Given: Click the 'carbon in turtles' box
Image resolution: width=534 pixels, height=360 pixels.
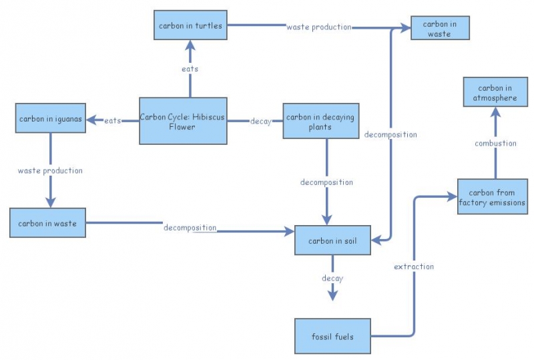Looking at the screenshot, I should coord(190,26).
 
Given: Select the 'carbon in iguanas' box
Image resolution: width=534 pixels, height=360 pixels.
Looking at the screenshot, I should coord(51,120).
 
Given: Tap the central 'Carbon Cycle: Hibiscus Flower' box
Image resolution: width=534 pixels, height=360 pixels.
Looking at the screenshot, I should coord(182,121).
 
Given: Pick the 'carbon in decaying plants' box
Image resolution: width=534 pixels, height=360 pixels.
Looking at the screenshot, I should coord(320,122).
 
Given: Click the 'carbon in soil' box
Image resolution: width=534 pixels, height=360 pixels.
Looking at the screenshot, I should coord(332,240).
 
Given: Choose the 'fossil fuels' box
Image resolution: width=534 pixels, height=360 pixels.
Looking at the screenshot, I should coord(332,337).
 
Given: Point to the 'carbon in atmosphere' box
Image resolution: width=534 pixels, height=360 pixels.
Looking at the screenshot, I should coord(495,94).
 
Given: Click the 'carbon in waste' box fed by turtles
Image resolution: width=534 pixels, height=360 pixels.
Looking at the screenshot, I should coord(439,29).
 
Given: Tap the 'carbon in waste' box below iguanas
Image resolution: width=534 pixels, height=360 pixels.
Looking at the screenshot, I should coord(48,223).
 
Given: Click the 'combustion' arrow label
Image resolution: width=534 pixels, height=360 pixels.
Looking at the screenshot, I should coord(495,143).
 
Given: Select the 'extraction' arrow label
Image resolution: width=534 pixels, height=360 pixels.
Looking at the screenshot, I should coord(414,266).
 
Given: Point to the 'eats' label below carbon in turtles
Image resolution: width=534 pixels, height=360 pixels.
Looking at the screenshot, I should coord(190,69).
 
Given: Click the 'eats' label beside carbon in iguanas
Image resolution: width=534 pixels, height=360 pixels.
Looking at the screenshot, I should coord(113,121).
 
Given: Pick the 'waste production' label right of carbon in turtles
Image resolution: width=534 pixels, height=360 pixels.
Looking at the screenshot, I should coord(318,27).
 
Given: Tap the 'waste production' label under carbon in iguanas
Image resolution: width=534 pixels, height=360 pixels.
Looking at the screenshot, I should coord(50,170).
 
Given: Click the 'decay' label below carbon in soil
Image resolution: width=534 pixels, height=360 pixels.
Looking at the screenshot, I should coord(332,277).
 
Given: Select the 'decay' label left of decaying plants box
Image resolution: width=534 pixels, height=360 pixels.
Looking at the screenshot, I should coord(261,122).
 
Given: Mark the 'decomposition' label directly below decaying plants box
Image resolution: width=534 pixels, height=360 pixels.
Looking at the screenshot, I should coord(326,182).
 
